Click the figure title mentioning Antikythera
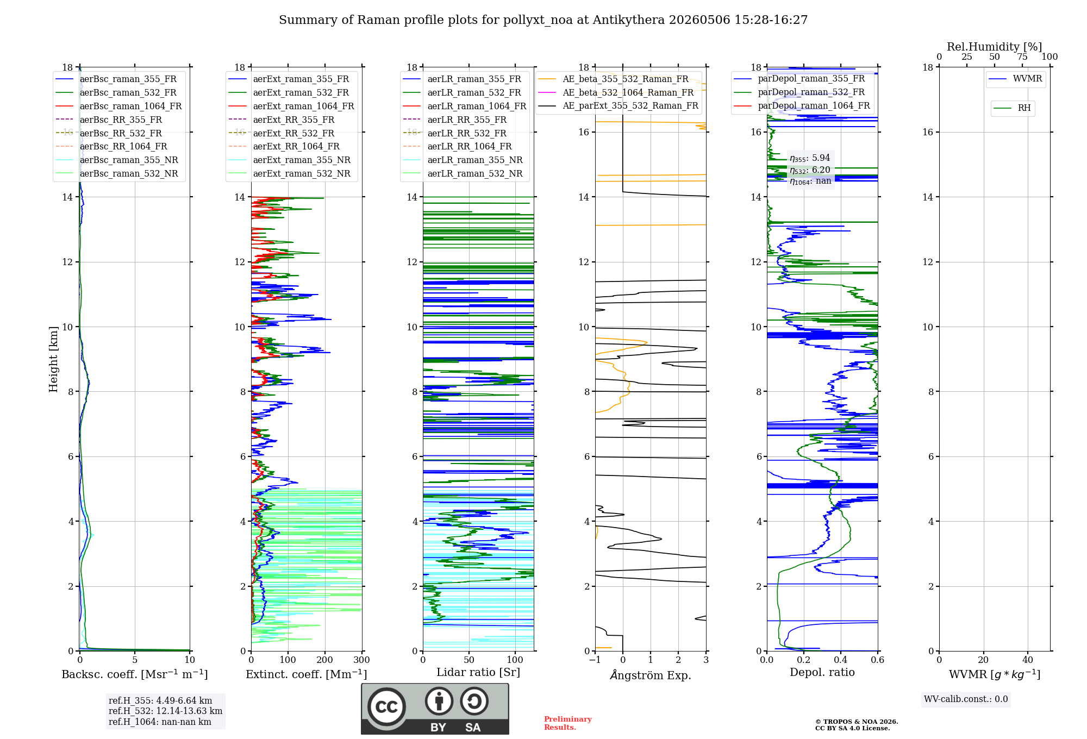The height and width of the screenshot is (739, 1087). click(543, 20)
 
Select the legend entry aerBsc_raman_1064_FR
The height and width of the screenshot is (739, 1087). click(118, 106)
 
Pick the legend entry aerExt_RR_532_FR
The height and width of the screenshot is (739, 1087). click(282, 133)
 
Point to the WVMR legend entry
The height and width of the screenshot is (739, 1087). click(1015, 79)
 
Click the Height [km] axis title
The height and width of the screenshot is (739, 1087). click(53, 359)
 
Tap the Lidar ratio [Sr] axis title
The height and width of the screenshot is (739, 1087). click(478, 672)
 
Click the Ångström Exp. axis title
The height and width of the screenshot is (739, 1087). click(651, 675)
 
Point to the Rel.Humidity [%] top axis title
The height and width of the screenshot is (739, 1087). click(995, 47)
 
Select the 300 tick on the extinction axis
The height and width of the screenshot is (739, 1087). click(362, 660)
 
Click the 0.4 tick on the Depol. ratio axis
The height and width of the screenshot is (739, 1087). click(841, 660)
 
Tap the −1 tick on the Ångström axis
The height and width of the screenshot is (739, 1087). click(595, 660)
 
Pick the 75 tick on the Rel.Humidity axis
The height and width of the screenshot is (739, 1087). click(1022, 57)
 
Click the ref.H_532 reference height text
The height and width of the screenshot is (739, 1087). click(165, 711)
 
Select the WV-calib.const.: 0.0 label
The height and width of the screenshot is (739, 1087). click(966, 699)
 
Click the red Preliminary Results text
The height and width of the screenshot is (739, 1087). click(568, 723)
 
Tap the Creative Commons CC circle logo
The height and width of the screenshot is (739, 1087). click(386, 706)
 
